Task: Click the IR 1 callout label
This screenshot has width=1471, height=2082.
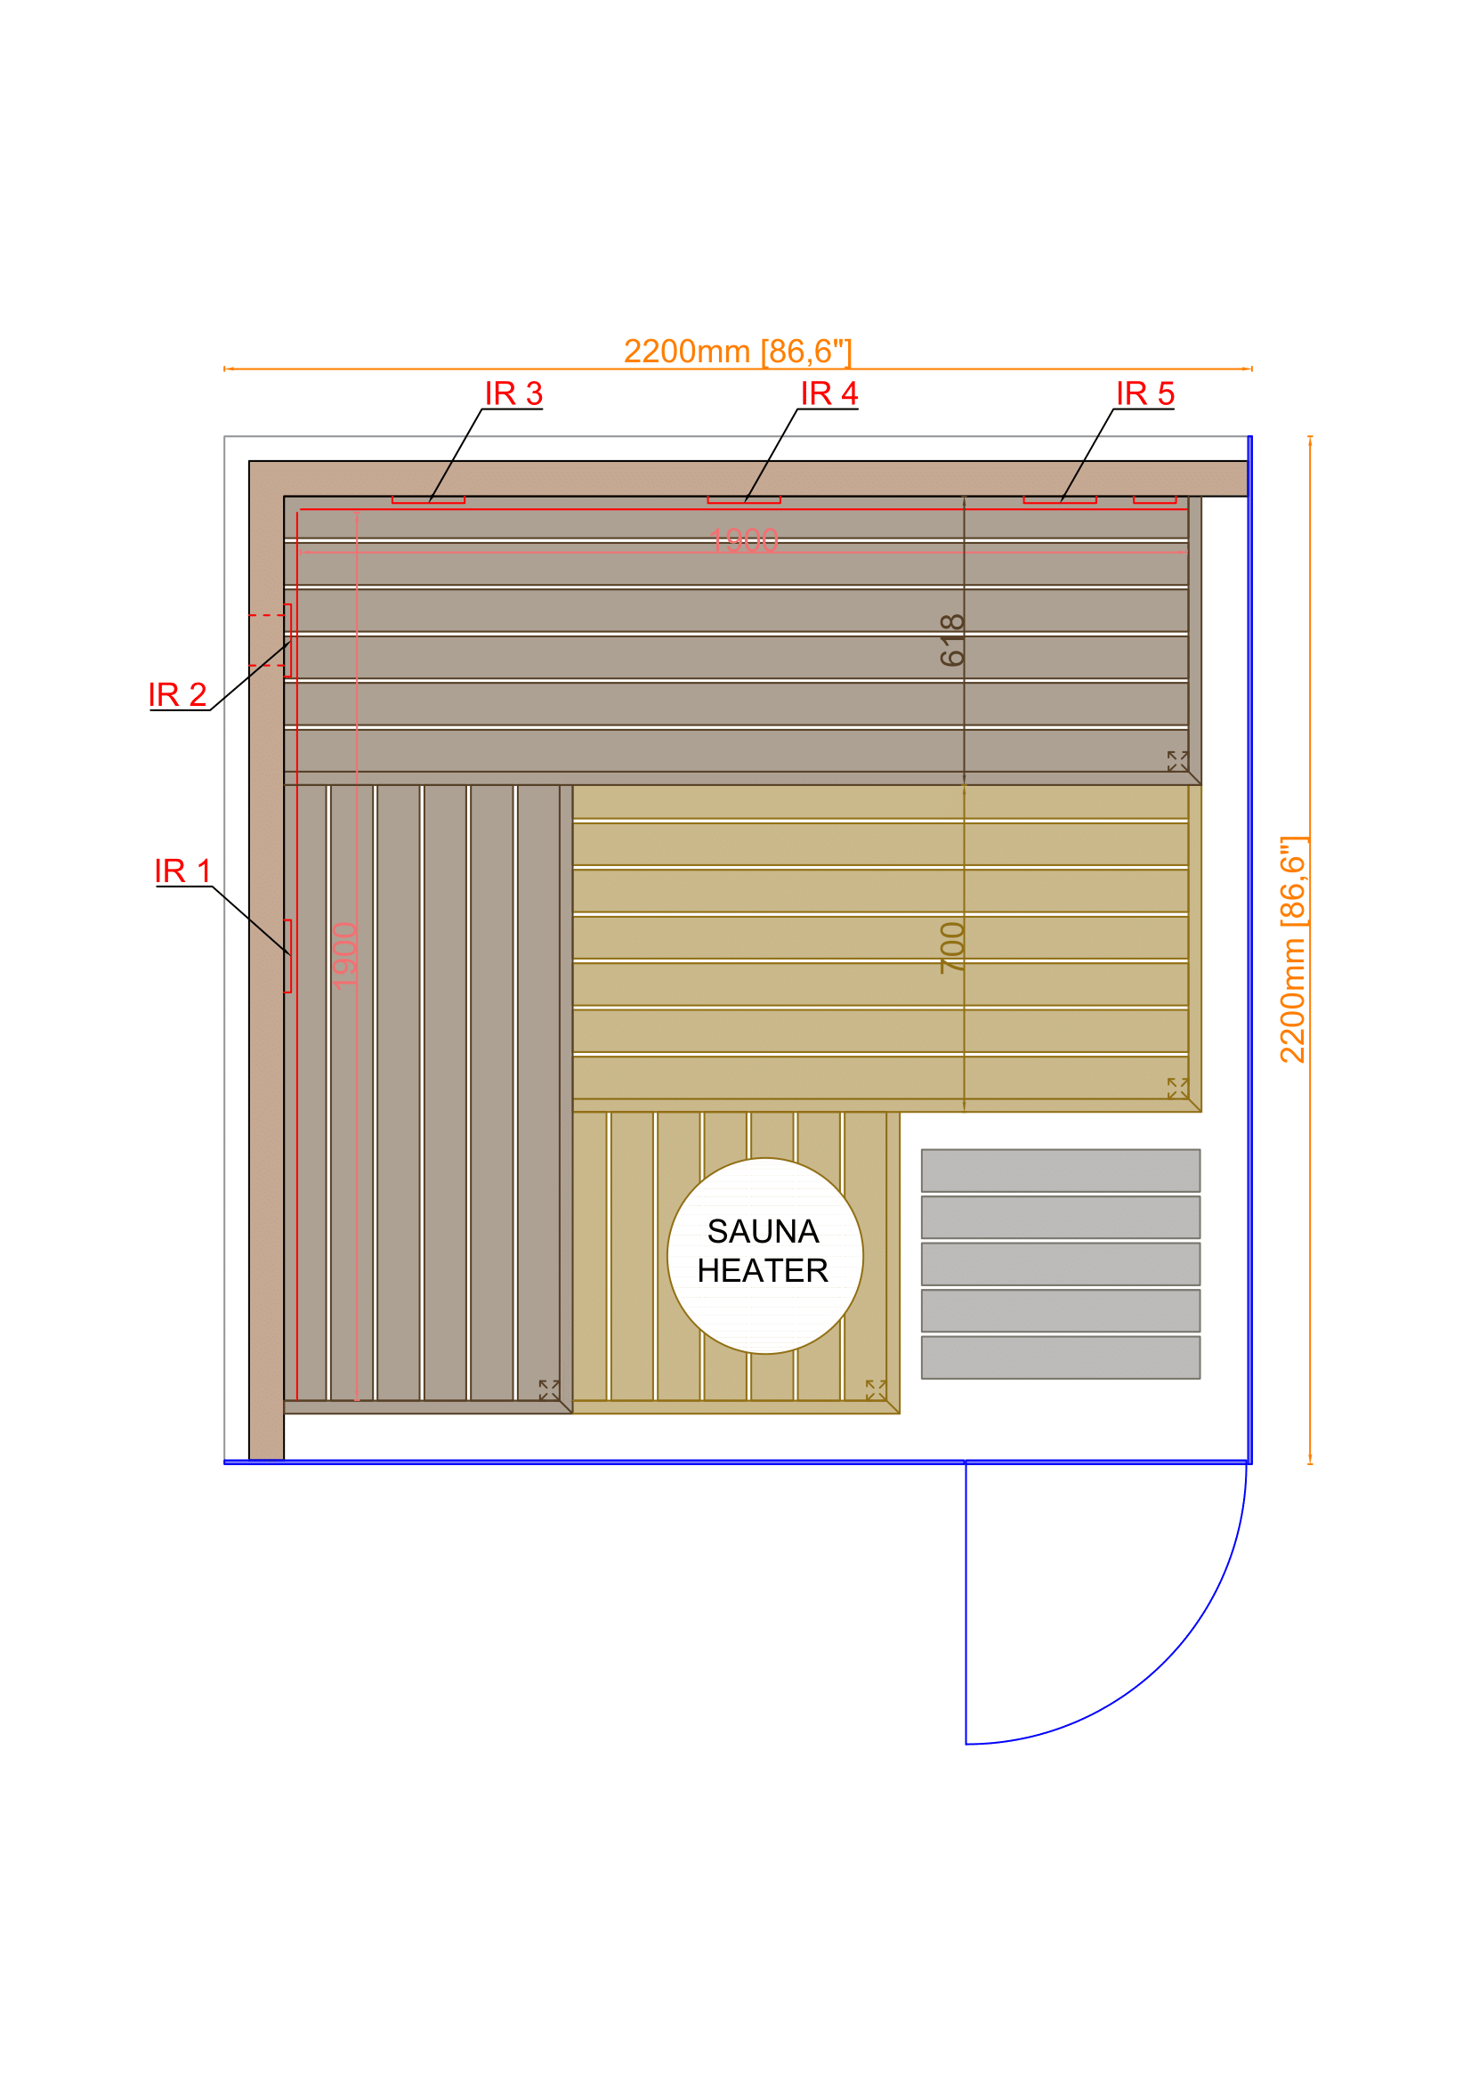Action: coord(182,871)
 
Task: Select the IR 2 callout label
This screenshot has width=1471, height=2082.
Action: coord(178,694)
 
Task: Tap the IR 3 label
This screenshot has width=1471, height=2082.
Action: coord(513,393)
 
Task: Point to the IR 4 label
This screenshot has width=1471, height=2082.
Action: coord(828,393)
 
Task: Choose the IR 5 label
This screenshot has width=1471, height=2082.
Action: coord(1144,393)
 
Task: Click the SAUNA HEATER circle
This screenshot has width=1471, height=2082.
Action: coord(764,1256)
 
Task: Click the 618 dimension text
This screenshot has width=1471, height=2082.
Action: coord(952,639)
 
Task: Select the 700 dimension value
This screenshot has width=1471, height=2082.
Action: coord(952,948)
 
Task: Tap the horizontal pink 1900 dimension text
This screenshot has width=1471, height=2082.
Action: coord(743,541)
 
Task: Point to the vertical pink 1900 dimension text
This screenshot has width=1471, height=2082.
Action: coord(345,956)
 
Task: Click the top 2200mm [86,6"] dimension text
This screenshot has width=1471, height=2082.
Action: coord(737,352)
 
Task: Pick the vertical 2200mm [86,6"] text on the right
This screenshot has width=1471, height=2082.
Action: coord(1291,950)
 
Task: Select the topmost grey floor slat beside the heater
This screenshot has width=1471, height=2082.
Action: coord(1060,1170)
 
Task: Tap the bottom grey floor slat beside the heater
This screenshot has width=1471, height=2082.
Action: coord(1060,1357)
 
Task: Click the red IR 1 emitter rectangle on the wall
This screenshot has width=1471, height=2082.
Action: coord(288,956)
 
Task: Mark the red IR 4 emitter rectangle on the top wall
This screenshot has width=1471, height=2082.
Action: coord(743,499)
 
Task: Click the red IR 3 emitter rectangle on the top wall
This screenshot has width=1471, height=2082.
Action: coord(428,499)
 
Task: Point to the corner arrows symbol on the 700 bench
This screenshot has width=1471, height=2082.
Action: coord(1176,1088)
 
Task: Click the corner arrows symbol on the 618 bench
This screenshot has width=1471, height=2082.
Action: coord(1176,761)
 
